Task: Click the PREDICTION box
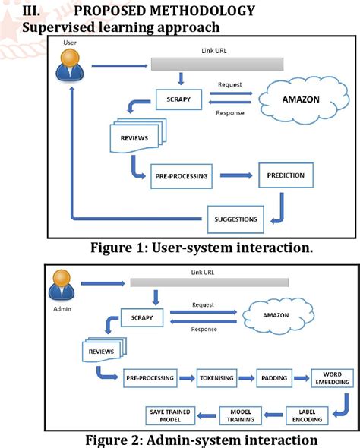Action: tap(286, 175)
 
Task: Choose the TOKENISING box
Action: tap(219, 377)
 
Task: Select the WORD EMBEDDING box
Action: tap(332, 378)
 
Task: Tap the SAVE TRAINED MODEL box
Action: tap(171, 415)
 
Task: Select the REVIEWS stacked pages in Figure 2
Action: tap(103, 351)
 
